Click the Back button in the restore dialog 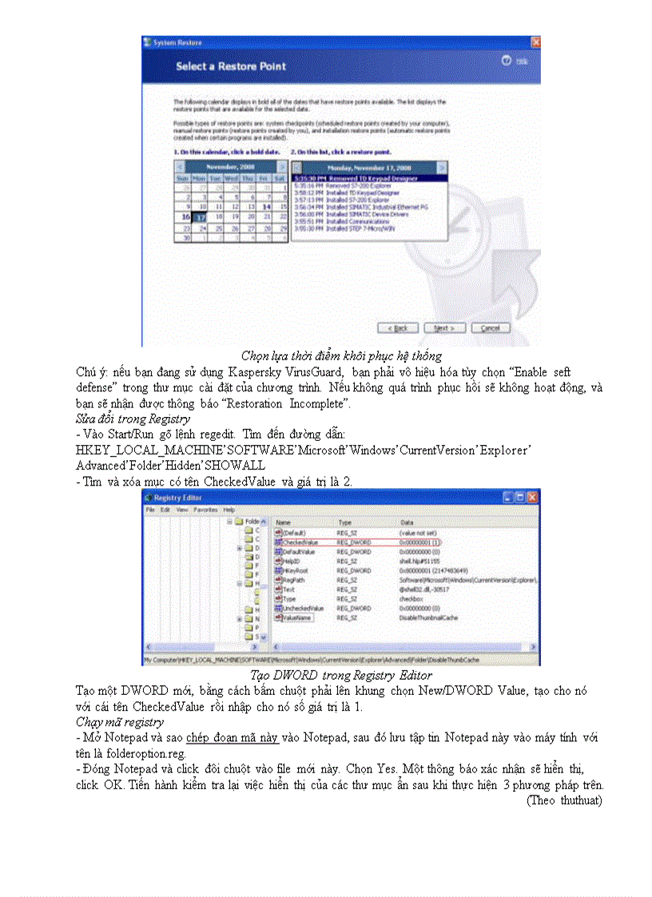coord(397,327)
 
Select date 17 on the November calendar coord(201,216)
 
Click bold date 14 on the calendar coord(265,205)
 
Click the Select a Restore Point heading coord(231,66)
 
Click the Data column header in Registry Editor coord(407,522)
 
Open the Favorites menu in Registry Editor coord(205,510)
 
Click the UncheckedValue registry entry coord(302,608)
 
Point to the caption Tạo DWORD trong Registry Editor coord(341,676)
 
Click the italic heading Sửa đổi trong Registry coord(133,418)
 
